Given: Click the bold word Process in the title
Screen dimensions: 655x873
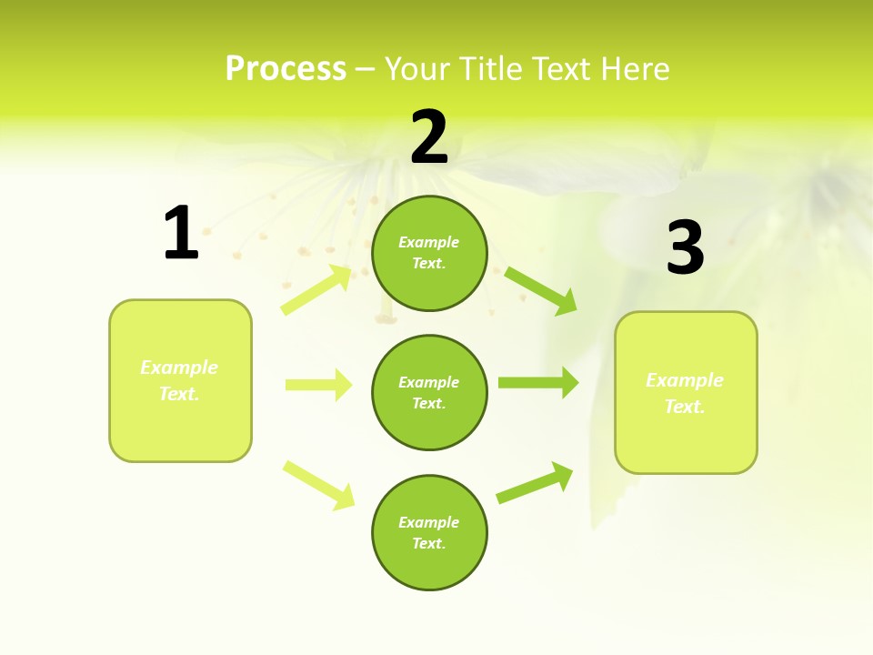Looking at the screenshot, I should pos(286,69).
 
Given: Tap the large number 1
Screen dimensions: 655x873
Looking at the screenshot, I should pos(181,233).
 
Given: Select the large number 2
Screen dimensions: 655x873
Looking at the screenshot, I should pos(429,137).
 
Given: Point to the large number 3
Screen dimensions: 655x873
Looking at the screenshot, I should pos(685,248).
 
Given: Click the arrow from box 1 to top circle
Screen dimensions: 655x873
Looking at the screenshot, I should pos(316,289).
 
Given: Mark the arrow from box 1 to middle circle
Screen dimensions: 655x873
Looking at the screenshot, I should pos(318,385).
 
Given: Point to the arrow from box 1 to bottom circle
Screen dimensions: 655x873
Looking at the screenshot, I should pos(318,485).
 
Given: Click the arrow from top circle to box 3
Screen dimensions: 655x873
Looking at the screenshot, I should pos(541,290).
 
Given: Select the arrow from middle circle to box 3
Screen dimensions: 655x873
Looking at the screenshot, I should pos(537,382).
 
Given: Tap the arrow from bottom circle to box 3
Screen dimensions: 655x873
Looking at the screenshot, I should pos(535,483).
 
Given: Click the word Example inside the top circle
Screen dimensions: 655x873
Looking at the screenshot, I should pos(429,242).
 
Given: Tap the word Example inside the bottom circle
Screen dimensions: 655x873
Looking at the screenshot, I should pos(429,522).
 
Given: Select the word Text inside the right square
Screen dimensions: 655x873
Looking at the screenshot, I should pos(684,407).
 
